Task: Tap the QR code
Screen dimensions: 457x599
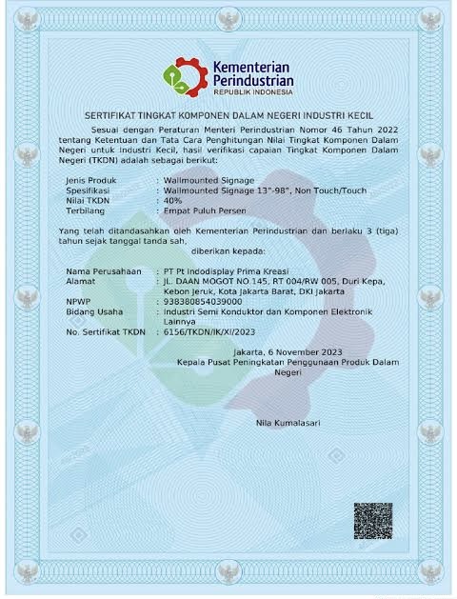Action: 373,522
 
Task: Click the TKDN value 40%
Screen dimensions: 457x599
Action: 172,201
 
